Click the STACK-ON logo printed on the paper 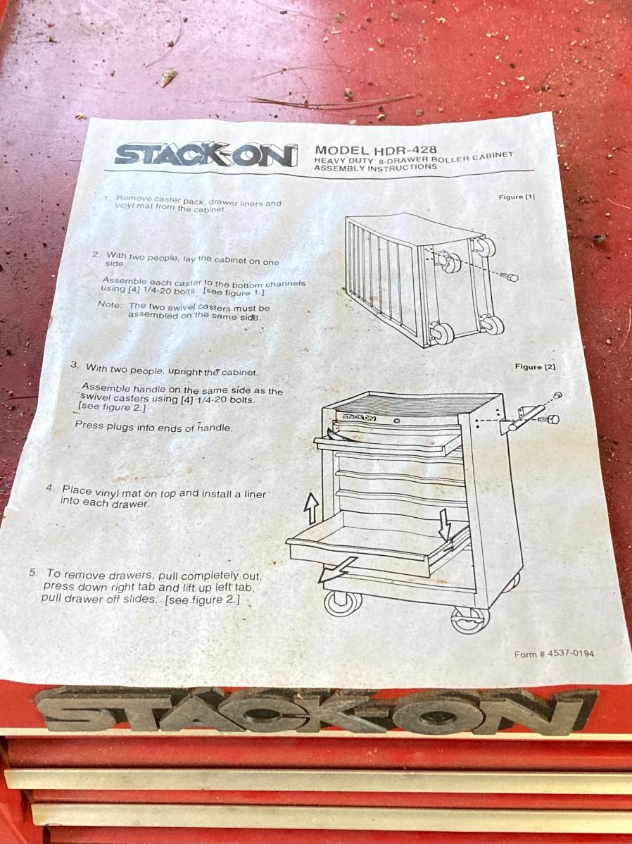coord(206,154)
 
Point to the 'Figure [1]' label coord(517,197)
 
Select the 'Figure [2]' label coord(535,366)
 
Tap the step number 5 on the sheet coord(32,572)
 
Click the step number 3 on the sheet coord(74,365)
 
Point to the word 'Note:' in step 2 coord(110,304)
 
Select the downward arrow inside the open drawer coord(444,525)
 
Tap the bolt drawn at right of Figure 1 coord(509,277)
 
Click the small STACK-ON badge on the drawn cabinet coord(359,417)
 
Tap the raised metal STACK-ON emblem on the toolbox coord(316,711)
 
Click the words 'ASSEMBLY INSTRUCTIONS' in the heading coord(375,168)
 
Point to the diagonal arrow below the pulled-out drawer coord(336,569)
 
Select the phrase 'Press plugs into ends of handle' coord(154,428)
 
